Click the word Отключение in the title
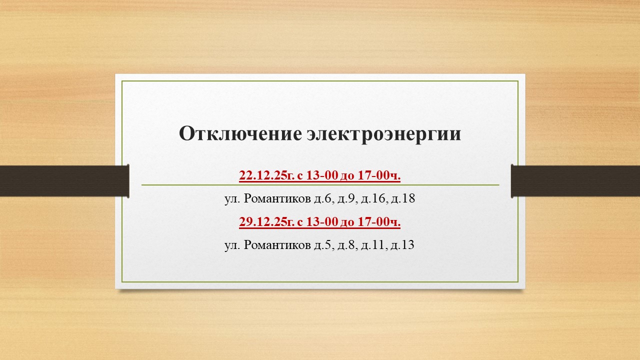[x=240, y=133]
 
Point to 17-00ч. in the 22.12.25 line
[x=379, y=175]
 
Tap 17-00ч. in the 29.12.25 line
[x=379, y=221]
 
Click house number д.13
[x=402, y=245]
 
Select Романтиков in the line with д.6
[x=277, y=198]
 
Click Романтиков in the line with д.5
[x=277, y=245]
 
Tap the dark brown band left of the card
[x=64, y=181]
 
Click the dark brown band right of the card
[x=575, y=181]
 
